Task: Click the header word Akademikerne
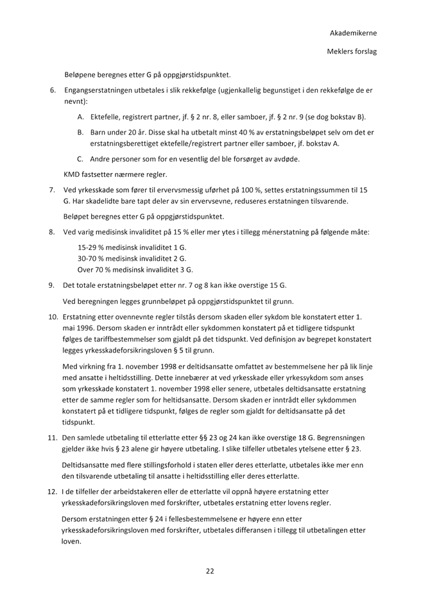tap(353, 32)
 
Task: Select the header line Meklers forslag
tap(352, 50)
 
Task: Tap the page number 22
tap(209, 570)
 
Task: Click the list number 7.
tap(53, 190)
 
